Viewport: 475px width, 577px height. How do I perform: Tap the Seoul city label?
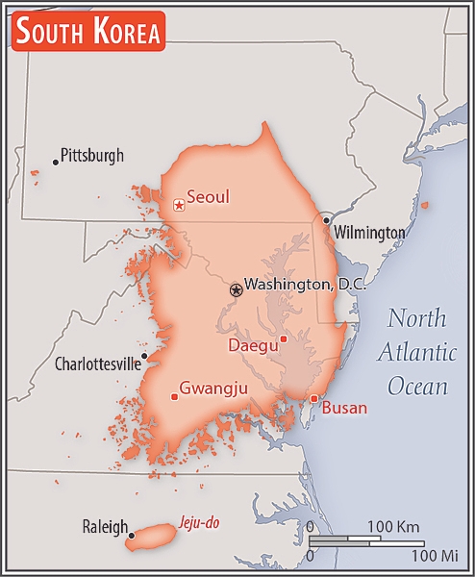(208, 197)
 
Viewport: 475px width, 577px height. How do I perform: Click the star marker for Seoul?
(178, 205)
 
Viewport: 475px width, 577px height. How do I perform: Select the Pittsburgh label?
(92, 155)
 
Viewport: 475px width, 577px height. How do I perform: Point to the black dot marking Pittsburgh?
(56, 162)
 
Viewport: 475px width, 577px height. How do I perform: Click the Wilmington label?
(369, 233)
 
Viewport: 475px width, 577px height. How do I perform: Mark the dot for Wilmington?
(327, 220)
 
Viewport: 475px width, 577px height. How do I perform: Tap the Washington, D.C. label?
(302, 285)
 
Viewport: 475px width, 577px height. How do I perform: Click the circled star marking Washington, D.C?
(236, 289)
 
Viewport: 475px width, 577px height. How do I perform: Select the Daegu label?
(253, 344)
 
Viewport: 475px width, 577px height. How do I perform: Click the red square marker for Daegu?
(283, 339)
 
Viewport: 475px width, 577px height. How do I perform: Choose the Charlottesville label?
(96, 364)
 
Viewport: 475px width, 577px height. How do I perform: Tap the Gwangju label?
(214, 388)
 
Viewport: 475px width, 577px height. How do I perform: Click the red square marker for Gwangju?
(174, 396)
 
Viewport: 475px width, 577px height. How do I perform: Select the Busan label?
(344, 408)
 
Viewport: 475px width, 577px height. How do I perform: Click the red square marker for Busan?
(313, 398)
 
